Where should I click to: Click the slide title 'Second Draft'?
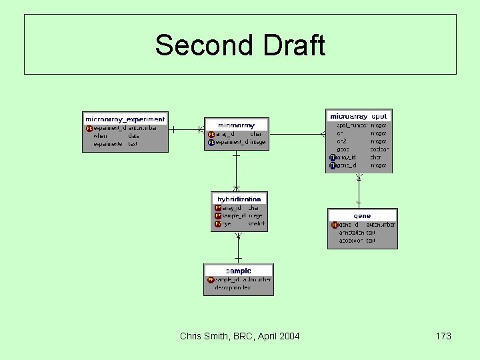[x=240, y=45]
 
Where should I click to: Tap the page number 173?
[x=443, y=336]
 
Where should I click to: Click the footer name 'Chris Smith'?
[x=204, y=336]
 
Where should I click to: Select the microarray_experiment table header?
[x=125, y=119]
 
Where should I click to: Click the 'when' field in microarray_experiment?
[x=99, y=136]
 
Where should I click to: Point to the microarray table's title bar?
[x=237, y=125]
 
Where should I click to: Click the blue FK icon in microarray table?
[x=211, y=142]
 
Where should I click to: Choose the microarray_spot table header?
[x=359, y=117]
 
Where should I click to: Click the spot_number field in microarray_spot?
[x=352, y=125]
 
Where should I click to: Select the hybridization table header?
[x=239, y=199]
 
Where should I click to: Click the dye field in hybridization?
[x=227, y=224]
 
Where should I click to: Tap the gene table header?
[x=362, y=216]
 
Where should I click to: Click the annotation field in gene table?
[x=352, y=233]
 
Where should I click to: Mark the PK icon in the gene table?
[x=335, y=225]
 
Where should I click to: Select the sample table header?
[x=239, y=271]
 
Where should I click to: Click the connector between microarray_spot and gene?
[x=359, y=190]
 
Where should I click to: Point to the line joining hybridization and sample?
[x=238, y=246]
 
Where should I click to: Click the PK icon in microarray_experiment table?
[x=89, y=128]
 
